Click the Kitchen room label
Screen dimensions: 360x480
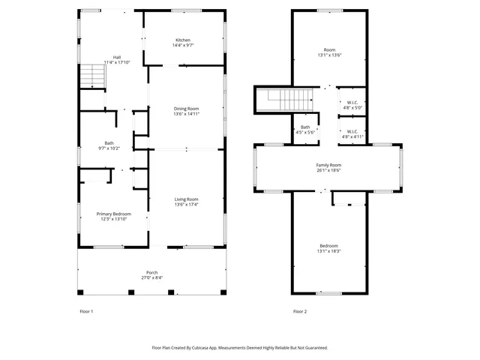[x=183, y=40]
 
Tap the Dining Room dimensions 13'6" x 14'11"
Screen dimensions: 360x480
[x=187, y=114]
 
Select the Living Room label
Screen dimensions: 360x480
[x=187, y=199]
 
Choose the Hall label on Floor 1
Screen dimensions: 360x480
[x=117, y=57]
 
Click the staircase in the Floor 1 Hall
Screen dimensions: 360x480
[x=91, y=76]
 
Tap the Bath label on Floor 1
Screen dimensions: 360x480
[x=109, y=142]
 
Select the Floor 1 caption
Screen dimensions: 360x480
[x=86, y=310]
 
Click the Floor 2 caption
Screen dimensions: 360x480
[x=300, y=310]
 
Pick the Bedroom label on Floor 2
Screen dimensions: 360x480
[x=328, y=246]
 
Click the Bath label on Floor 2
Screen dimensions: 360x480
[x=305, y=127]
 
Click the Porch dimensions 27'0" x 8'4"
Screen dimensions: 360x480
[x=151, y=277]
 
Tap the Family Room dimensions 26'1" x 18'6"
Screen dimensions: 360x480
[x=328, y=170]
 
